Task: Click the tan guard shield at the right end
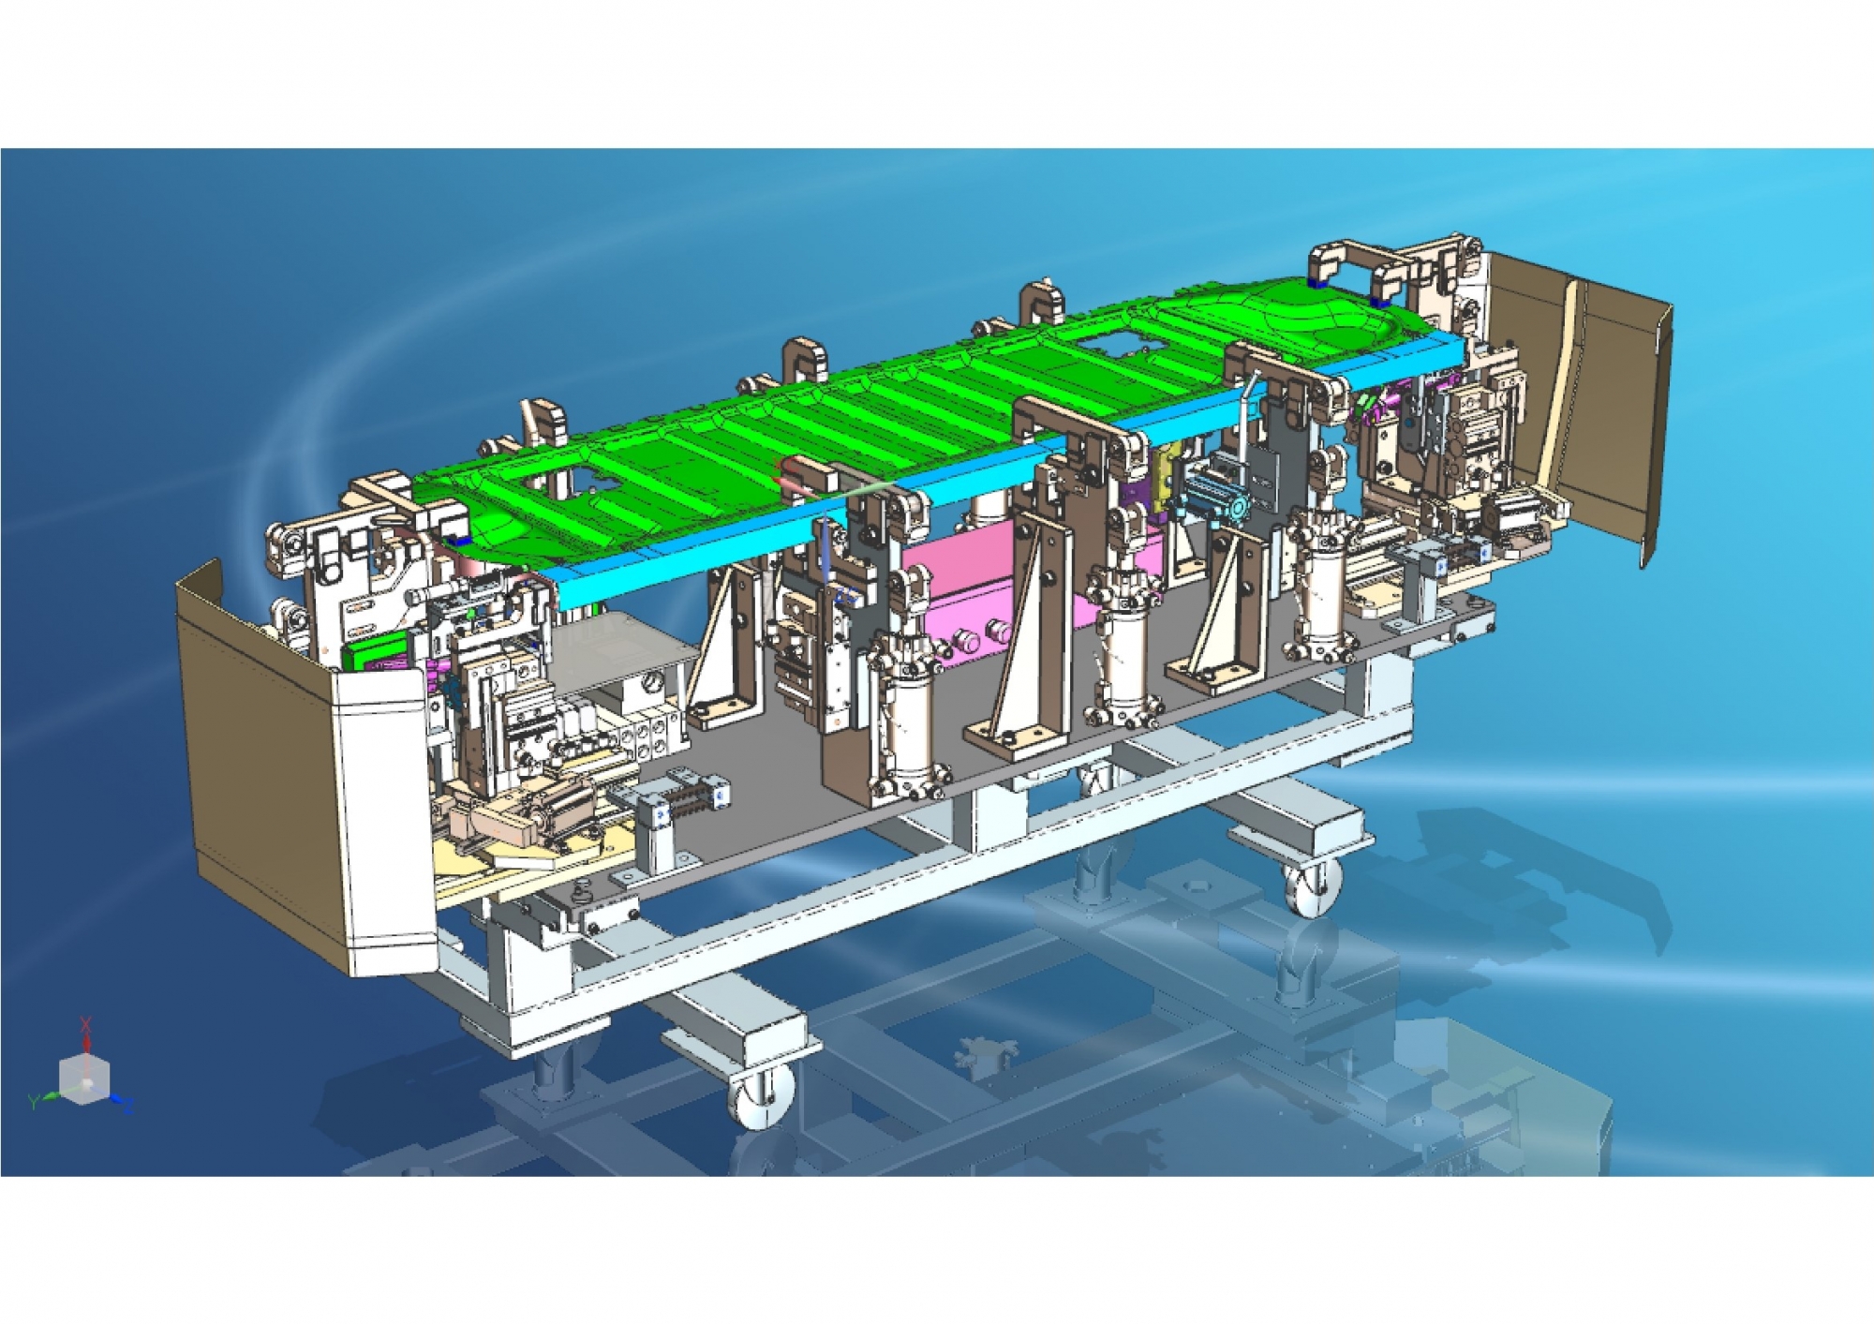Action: click(x=1584, y=394)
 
